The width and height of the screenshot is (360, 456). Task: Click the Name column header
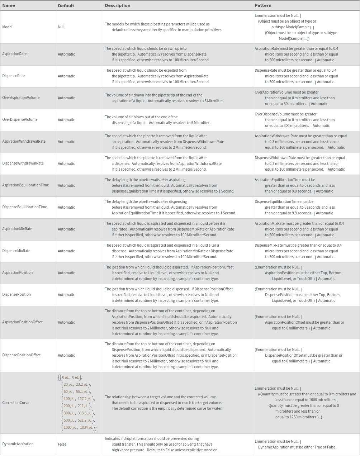click(9, 5)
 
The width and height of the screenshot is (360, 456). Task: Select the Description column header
click(118, 5)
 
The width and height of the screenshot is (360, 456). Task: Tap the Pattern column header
click(263, 5)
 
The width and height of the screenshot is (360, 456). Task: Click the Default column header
click(66, 6)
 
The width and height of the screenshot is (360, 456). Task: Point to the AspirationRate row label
click(14, 54)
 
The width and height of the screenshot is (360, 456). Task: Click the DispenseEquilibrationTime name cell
click(24, 207)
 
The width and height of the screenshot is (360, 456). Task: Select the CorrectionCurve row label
click(16, 403)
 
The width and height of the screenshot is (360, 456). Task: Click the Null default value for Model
click(61, 27)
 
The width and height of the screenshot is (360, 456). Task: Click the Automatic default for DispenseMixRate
click(66, 251)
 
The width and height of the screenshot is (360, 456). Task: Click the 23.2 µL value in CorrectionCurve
click(82, 384)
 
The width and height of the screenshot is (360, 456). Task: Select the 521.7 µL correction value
click(85, 420)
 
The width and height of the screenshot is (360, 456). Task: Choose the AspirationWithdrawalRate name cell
click(24, 142)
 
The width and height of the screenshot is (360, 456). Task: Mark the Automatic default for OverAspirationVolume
click(66, 98)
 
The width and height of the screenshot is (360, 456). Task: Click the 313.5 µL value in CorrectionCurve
click(85, 413)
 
